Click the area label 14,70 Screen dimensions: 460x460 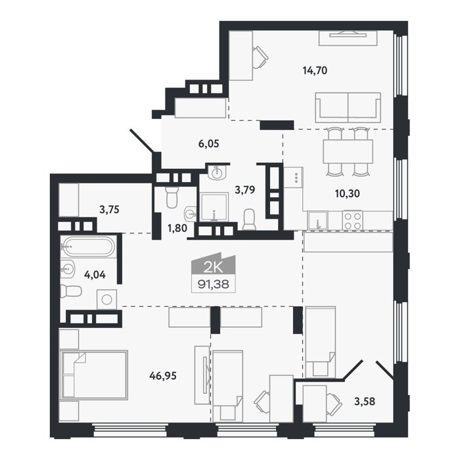(x=315, y=70)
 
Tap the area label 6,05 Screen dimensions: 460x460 (x=208, y=144)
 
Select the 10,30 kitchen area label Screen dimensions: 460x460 (x=348, y=193)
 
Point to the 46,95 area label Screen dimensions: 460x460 (x=163, y=375)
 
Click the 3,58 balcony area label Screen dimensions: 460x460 (x=365, y=401)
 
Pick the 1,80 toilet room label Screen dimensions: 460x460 (x=177, y=227)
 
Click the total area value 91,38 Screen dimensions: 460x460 (x=214, y=284)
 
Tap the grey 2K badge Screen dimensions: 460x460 (x=214, y=264)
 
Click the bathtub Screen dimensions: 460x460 (x=89, y=246)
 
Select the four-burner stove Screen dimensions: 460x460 (x=352, y=221)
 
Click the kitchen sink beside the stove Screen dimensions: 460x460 (x=317, y=220)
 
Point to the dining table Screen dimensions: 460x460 (x=348, y=151)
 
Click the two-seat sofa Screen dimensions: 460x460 (x=348, y=108)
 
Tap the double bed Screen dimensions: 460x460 (x=94, y=375)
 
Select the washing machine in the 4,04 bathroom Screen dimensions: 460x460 (x=106, y=300)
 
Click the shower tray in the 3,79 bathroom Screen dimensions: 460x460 (x=214, y=207)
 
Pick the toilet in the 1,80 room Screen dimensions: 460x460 (x=172, y=197)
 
